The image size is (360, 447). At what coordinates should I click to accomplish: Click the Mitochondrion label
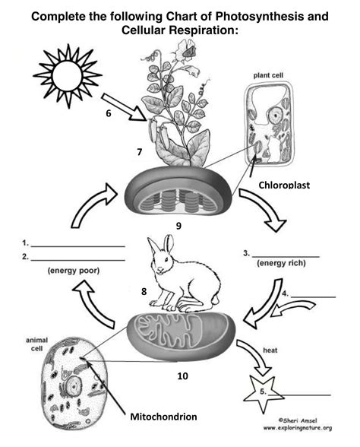pyautogui.click(x=165, y=417)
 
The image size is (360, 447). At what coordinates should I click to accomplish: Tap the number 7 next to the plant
pyautogui.click(x=139, y=152)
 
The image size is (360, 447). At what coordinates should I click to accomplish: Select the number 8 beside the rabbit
pyautogui.click(x=143, y=290)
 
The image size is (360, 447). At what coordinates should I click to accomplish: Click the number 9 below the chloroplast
pyautogui.click(x=178, y=226)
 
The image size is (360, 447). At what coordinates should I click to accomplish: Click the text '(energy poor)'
pyautogui.click(x=73, y=270)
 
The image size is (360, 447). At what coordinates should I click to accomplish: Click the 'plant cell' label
pyautogui.click(x=270, y=77)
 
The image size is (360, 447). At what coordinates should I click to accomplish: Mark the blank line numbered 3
pyautogui.click(x=286, y=254)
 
